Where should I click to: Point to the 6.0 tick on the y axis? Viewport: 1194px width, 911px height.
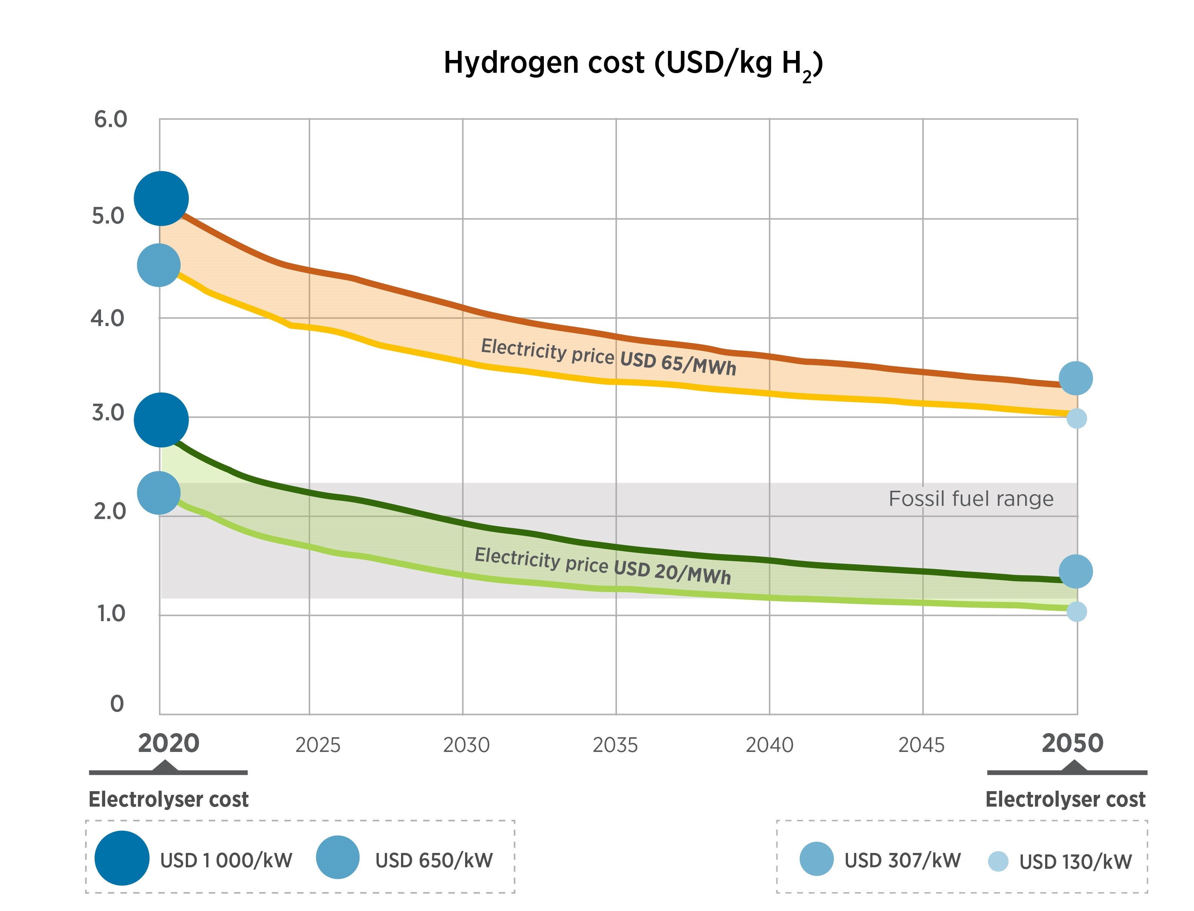tap(110, 119)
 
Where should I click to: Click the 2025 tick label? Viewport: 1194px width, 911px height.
tap(318, 745)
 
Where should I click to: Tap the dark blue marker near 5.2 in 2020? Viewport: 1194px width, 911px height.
tap(161, 199)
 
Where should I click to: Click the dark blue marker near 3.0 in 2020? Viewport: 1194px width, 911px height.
tap(161, 420)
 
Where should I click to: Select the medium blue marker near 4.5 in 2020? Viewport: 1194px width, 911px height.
tap(158, 265)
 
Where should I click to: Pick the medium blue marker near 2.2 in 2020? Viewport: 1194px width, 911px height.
tap(158, 492)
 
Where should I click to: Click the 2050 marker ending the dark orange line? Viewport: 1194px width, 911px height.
tap(1075, 378)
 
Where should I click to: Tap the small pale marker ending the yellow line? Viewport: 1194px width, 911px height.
tap(1076, 418)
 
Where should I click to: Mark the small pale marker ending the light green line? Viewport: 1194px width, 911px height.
tap(1076, 612)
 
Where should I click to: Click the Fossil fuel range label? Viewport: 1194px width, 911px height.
tap(971, 498)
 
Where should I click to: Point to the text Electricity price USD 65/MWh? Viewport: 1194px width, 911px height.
tap(608, 356)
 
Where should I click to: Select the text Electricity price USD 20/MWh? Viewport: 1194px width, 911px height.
tap(602, 565)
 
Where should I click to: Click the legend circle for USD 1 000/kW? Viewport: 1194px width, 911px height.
tap(122, 858)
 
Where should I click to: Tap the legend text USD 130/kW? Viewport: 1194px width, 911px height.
tap(1075, 862)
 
